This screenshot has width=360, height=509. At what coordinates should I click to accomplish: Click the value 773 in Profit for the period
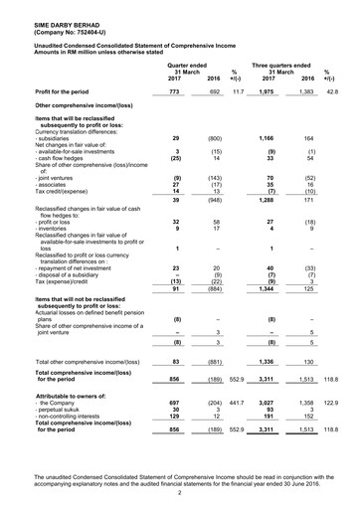click(x=173, y=90)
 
